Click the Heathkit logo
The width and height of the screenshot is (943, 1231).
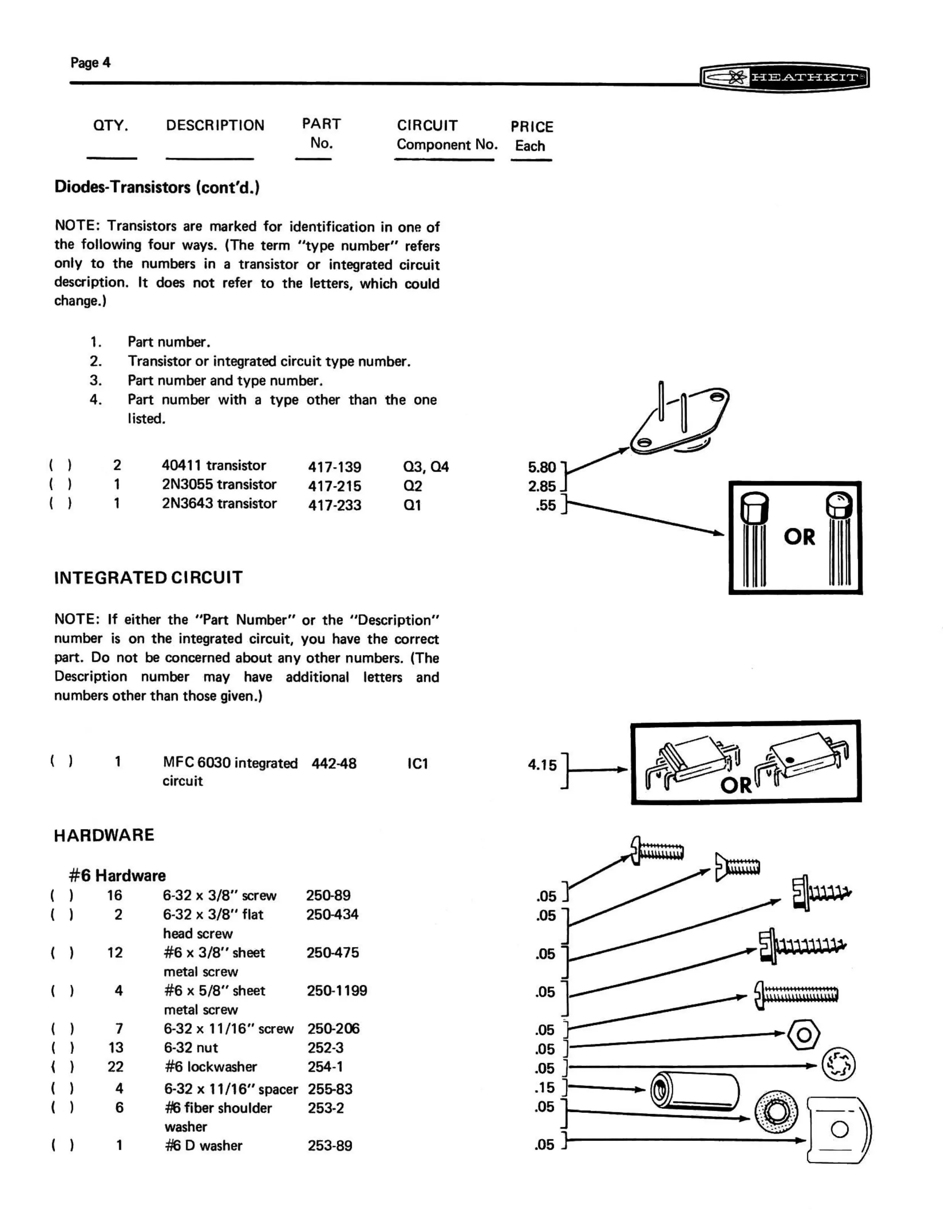click(x=784, y=77)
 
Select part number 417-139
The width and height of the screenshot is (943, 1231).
click(x=335, y=467)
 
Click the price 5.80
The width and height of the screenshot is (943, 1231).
click(x=542, y=467)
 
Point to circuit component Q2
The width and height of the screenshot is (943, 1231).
click(x=413, y=486)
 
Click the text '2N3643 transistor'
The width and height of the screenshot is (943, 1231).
click(x=219, y=504)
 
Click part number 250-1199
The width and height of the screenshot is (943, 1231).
click(x=337, y=990)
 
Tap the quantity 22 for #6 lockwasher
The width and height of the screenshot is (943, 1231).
click(x=116, y=1066)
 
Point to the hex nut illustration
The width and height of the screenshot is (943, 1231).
click(x=804, y=1034)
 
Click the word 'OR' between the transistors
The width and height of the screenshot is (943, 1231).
click(x=799, y=537)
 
